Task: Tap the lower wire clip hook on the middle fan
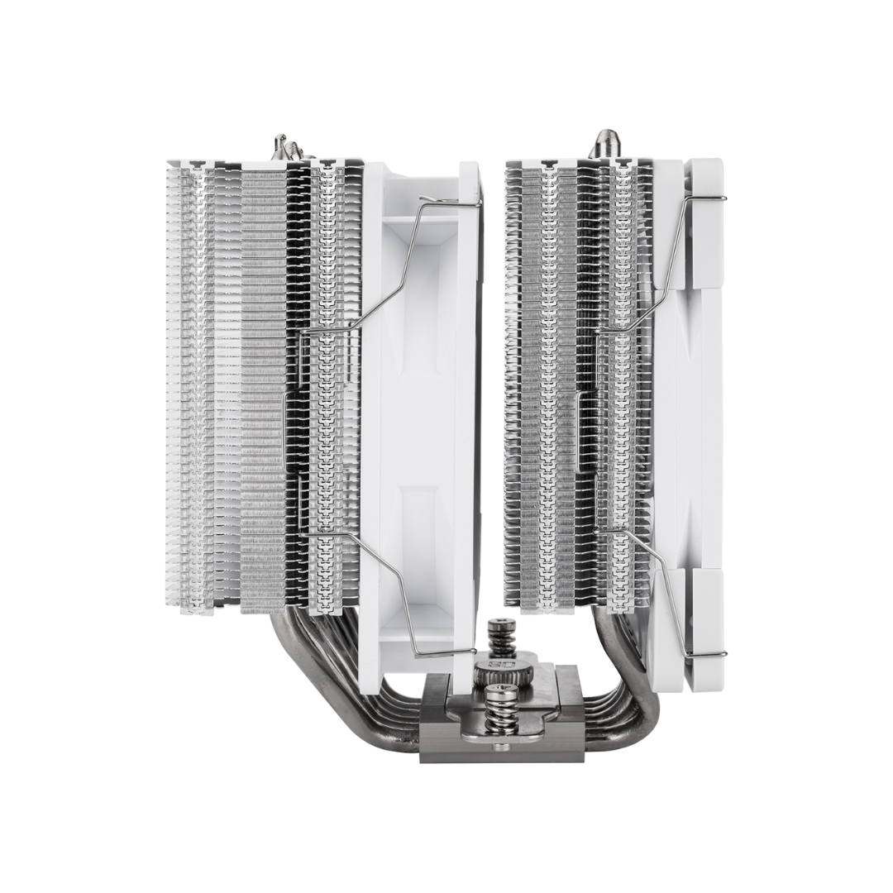pos(451,654)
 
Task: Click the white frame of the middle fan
pos(418,413)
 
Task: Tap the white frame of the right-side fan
pos(699,413)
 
